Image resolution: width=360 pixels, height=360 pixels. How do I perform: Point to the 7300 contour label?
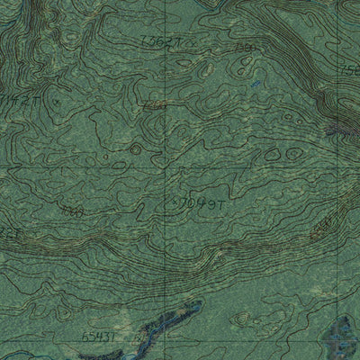[x=242, y=46]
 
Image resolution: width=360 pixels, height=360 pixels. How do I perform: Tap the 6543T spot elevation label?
[x=73, y=335]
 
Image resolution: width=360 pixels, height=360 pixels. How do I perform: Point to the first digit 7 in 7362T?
[x=145, y=41]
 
